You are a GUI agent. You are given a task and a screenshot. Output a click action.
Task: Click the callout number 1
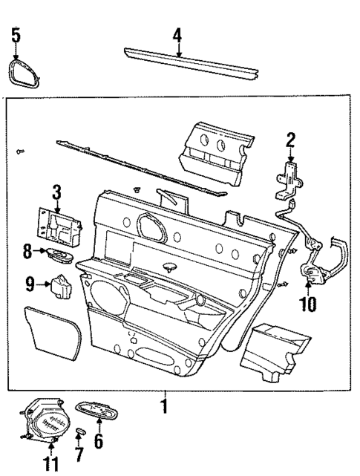(x=164, y=406)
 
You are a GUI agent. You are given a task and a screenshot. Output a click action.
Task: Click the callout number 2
(x=290, y=138)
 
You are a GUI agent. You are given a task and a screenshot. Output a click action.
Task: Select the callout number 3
(x=56, y=192)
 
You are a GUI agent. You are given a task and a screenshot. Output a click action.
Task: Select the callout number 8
(x=27, y=252)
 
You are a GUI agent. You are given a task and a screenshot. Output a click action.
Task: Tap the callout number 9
(x=29, y=283)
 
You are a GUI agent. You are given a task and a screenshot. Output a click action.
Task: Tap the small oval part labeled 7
(x=80, y=431)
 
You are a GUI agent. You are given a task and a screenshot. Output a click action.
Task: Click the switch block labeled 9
(x=59, y=285)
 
